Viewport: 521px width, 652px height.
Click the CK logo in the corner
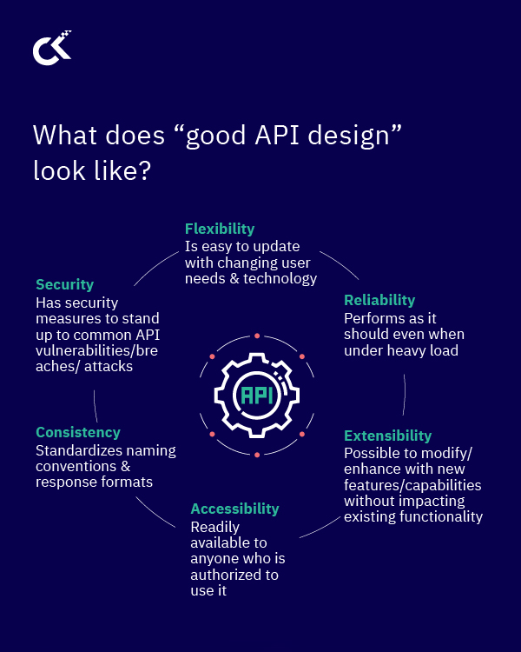point(51,49)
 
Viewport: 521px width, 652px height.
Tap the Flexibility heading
point(220,229)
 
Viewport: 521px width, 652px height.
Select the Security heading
point(64,284)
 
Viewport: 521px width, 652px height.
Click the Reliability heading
point(379,300)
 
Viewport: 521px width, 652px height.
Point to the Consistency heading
point(78,432)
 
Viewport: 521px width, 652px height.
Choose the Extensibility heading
point(387,436)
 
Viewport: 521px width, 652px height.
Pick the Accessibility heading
point(234,509)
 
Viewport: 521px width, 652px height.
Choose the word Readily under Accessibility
point(214,527)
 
